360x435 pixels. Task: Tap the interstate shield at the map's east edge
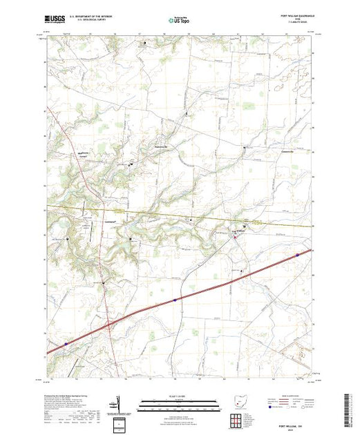[x=298, y=254]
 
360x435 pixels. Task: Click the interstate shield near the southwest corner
[x=66, y=341]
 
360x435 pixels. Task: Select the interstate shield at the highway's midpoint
[x=176, y=300]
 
